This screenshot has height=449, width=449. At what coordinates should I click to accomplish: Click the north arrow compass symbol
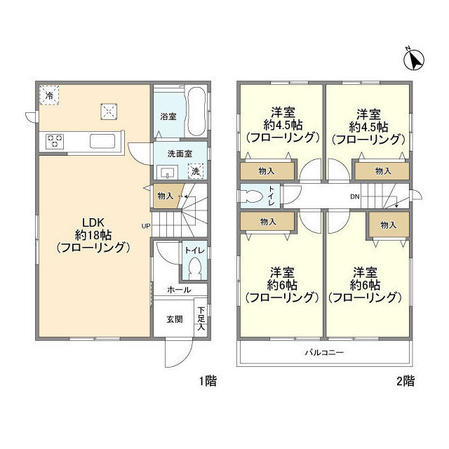pyautogui.click(x=415, y=60)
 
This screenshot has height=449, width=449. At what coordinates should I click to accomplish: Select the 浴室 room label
pyautogui.click(x=168, y=115)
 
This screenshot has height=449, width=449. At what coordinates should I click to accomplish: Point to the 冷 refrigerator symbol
pyautogui.click(x=49, y=94)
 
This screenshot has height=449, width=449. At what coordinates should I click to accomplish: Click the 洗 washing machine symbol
pyautogui.click(x=196, y=170)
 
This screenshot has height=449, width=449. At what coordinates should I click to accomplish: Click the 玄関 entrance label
pyautogui.click(x=175, y=319)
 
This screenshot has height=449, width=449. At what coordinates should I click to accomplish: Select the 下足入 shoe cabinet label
pyautogui.click(x=201, y=317)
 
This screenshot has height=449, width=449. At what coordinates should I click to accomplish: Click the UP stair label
pyautogui.click(x=146, y=226)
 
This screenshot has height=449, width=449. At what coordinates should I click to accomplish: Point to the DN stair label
pyautogui.click(x=356, y=196)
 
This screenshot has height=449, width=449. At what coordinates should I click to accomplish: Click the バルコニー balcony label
pyautogui.click(x=323, y=351)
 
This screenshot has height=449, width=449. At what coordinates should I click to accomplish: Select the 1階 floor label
pyautogui.click(x=207, y=382)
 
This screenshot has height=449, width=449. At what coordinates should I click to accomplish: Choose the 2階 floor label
pyautogui.click(x=405, y=382)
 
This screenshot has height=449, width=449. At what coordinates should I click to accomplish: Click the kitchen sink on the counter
pyautogui.click(x=105, y=141)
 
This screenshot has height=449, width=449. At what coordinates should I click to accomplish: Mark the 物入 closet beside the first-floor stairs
pyautogui.click(x=165, y=196)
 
